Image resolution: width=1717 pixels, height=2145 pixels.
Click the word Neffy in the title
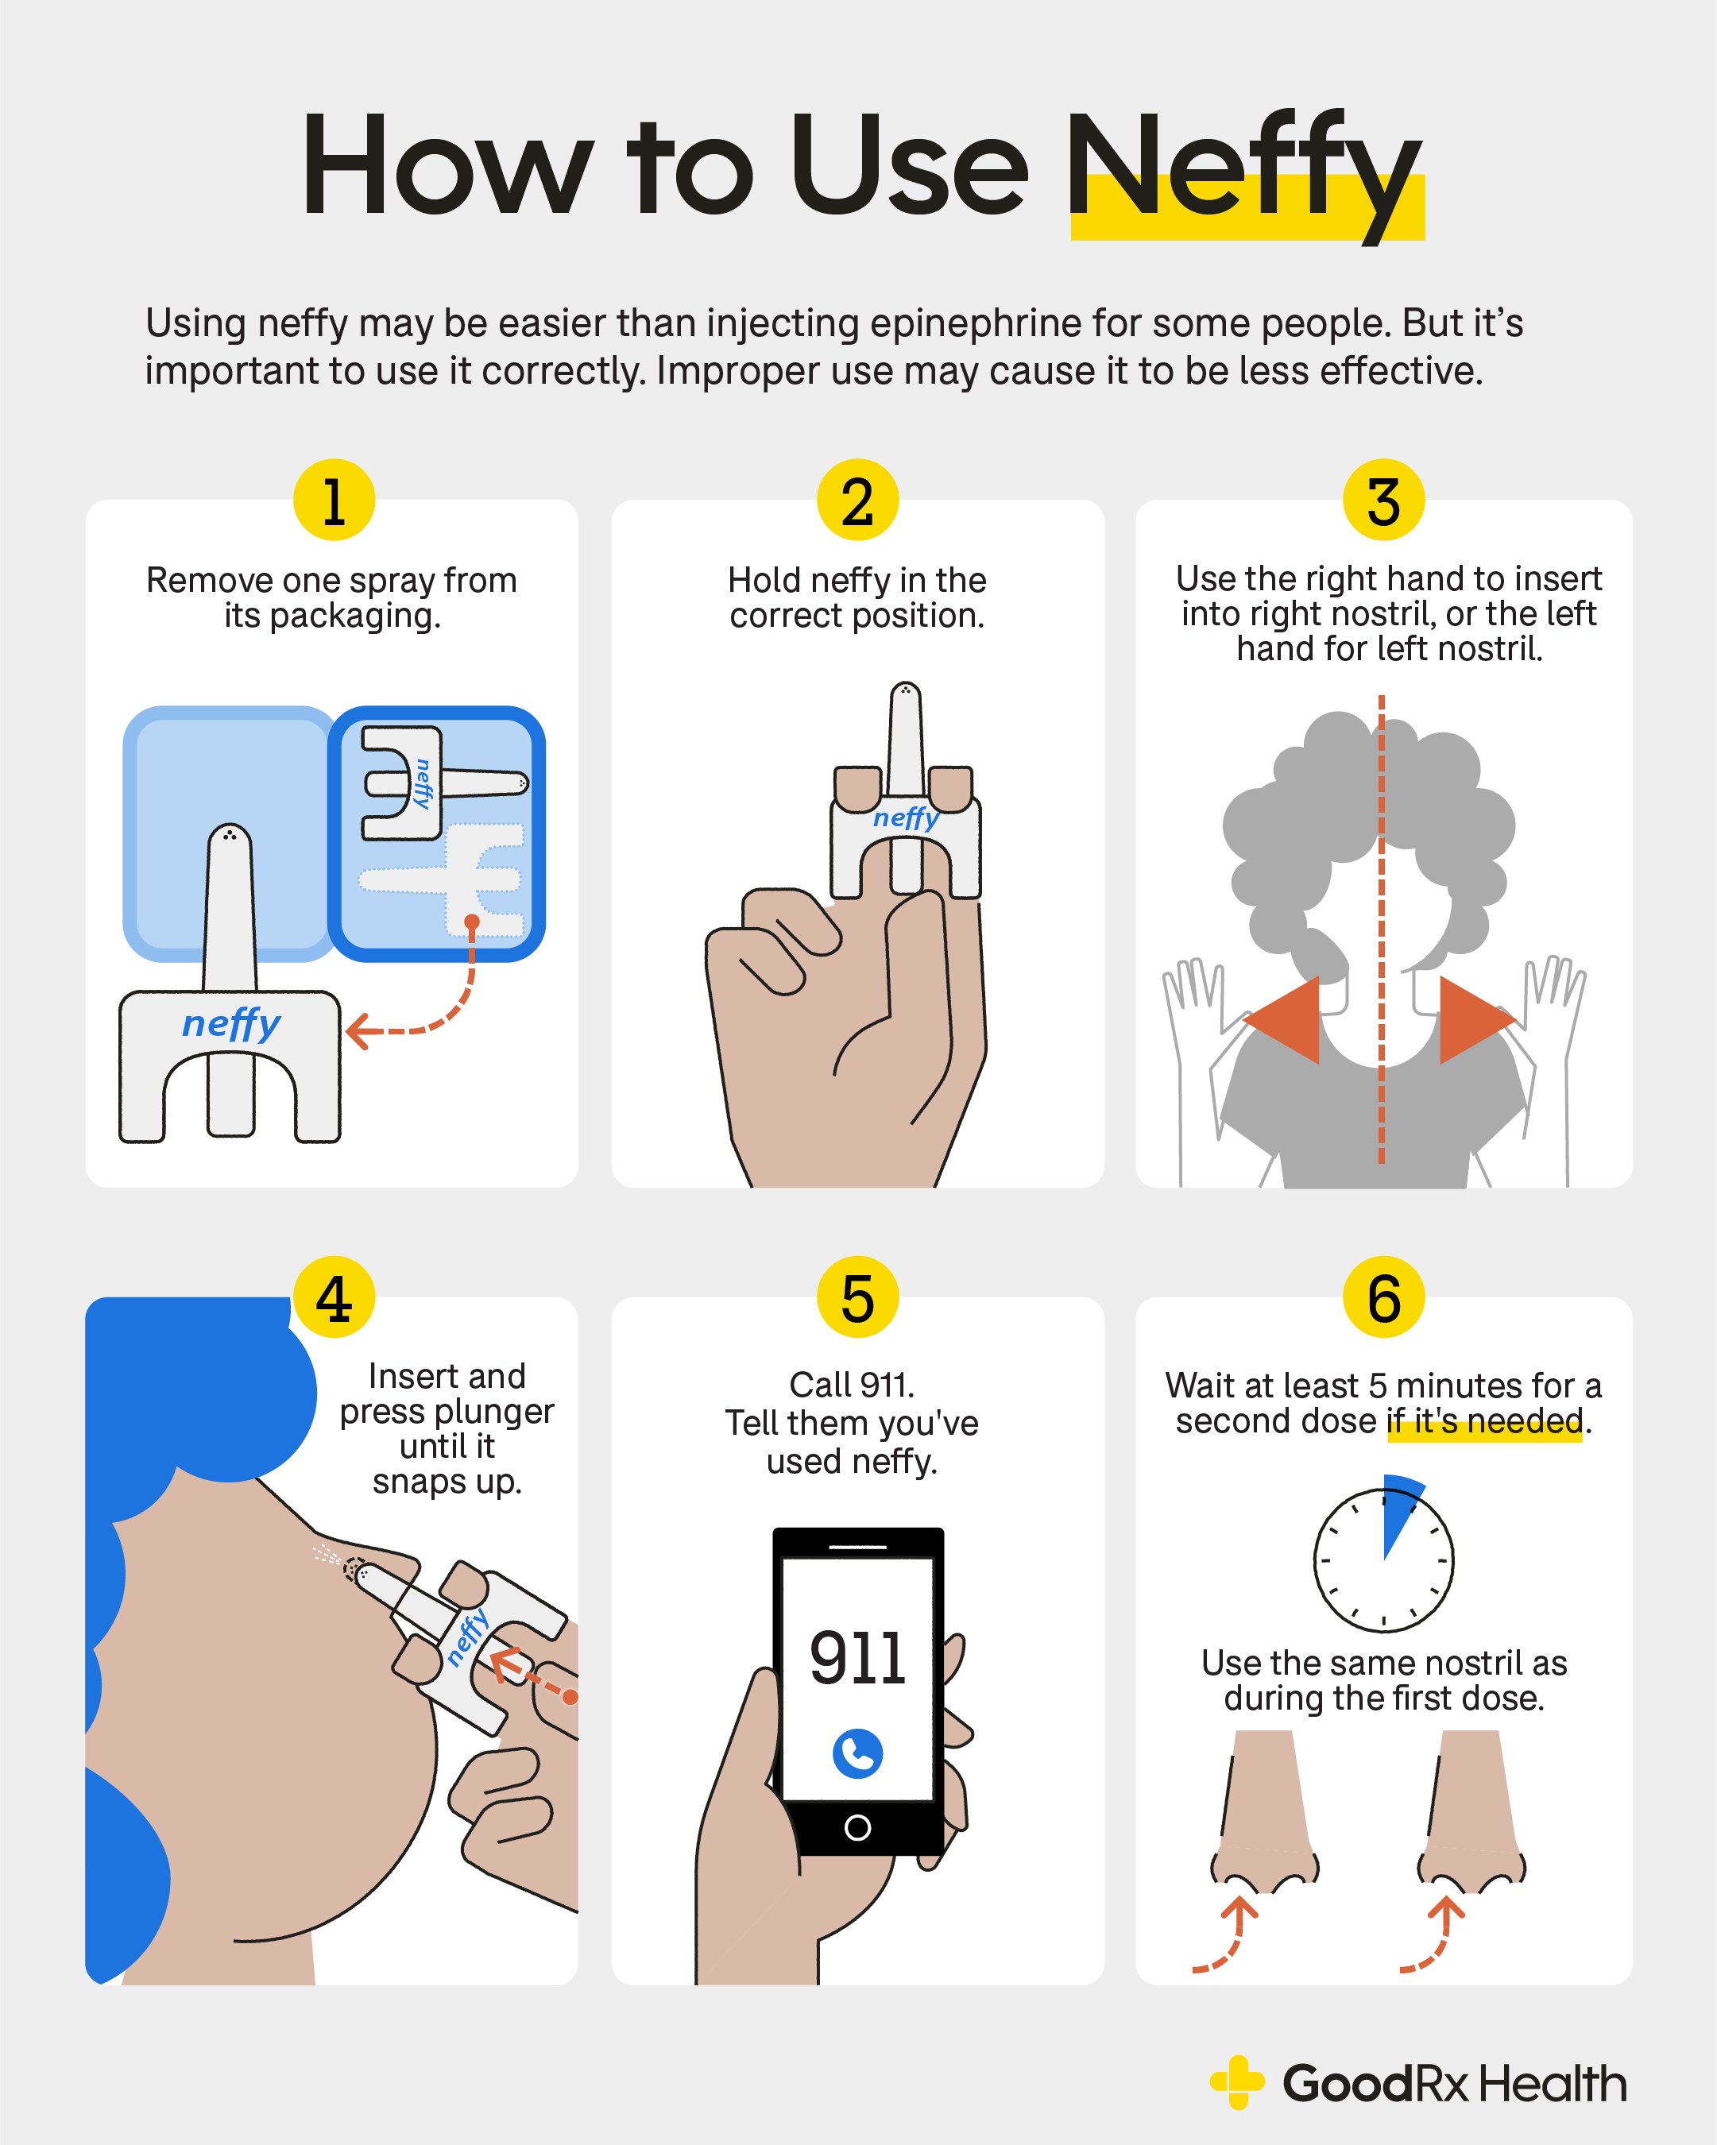(x=1243, y=169)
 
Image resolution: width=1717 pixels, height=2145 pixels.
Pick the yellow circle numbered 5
(x=857, y=1297)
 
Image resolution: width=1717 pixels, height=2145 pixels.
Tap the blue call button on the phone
(x=857, y=1753)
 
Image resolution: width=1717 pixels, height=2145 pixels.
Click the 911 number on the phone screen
(x=857, y=1659)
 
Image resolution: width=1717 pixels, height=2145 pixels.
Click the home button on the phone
(x=857, y=1828)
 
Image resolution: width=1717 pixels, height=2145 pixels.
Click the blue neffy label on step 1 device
(x=230, y=1022)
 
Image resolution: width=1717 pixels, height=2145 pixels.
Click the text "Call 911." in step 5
(x=852, y=1384)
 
